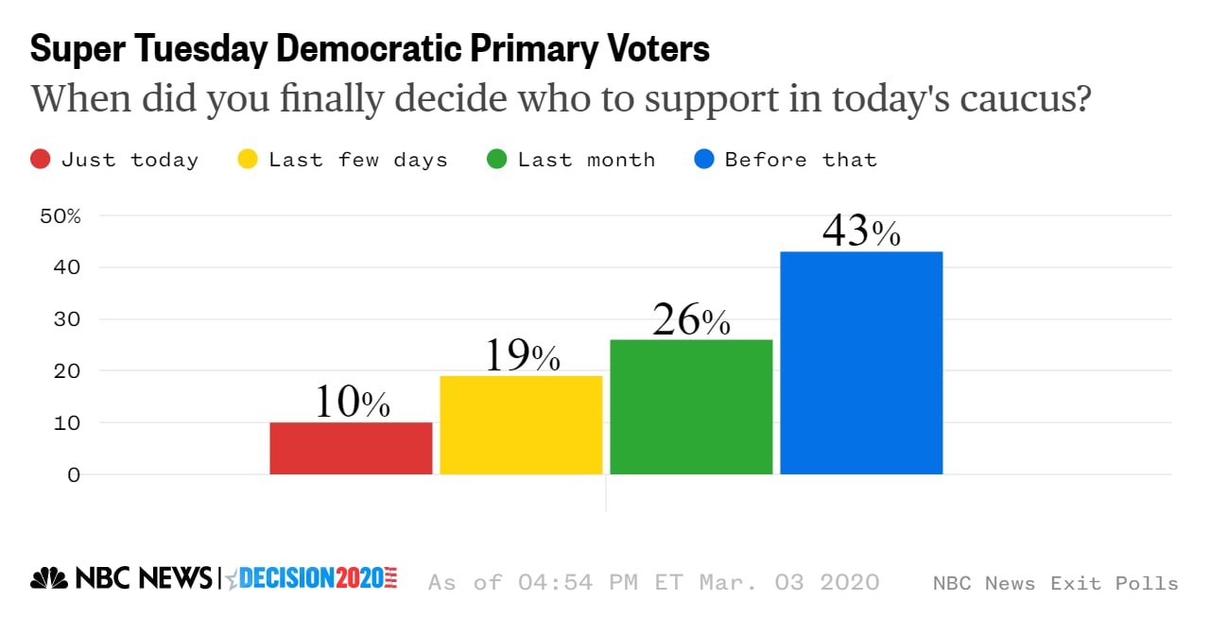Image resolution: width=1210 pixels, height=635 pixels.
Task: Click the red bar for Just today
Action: (x=351, y=448)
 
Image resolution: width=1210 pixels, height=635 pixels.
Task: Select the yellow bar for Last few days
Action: (x=521, y=425)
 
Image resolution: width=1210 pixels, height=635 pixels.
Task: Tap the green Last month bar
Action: (x=691, y=406)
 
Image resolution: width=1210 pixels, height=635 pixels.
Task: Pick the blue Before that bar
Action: (x=861, y=363)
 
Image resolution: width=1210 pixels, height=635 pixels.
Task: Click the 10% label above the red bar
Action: (x=352, y=403)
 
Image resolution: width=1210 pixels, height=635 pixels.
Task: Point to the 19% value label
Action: (x=522, y=356)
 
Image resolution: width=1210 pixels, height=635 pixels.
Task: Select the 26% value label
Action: (x=691, y=320)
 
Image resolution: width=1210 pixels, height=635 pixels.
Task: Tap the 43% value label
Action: (x=861, y=232)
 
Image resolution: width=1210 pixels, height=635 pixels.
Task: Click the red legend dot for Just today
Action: (x=41, y=160)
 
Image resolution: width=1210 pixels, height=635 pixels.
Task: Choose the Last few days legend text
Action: (x=357, y=160)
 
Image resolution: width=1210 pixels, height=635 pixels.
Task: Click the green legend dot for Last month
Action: (x=496, y=160)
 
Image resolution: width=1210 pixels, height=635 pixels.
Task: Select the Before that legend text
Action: (x=801, y=160)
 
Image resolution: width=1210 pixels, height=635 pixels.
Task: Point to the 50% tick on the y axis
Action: (x=60, y=215)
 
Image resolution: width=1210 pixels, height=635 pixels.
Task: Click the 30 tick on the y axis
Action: (x=66, y=319)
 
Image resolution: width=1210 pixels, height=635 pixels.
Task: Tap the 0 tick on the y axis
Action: (x=73, y=474)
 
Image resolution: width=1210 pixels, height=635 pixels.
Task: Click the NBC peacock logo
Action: (x=49, y=578)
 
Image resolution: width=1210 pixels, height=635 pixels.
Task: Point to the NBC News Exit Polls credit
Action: (x=1055, y=583)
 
